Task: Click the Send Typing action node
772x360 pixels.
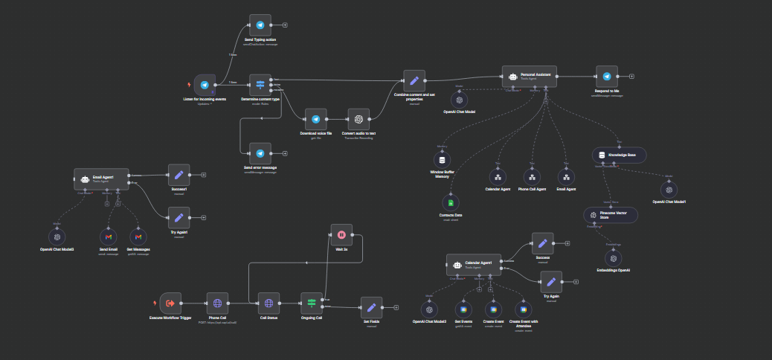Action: (x=260, y=24)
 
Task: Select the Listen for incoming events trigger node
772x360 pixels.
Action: (x=205, y=85)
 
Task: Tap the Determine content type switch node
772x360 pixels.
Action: (x=260, y=85)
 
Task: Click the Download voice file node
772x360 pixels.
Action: (x=315, y=119)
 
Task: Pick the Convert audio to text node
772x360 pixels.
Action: (x=358, y=119)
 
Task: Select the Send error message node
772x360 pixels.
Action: (x=260, y=153)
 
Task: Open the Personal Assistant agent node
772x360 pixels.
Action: (x=529, y=76)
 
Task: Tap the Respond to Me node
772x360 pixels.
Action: (x=607, y=77)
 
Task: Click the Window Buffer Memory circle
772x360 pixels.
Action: (x=443, y=160)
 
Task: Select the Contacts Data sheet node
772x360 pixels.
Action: (x=448, y=202)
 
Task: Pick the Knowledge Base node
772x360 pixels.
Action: (x=620, y=155)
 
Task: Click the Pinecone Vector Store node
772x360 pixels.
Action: (x=614, y=214)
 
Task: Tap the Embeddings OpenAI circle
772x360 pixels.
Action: (x=614, y=257)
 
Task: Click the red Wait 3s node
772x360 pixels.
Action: (x=341, y=234)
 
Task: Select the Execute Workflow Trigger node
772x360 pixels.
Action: (x=171, y=303)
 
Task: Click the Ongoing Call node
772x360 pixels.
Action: (x=312, y=303)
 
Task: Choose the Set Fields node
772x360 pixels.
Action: (x=371, y=307)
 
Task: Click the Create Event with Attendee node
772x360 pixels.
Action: (x=524, y=309)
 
